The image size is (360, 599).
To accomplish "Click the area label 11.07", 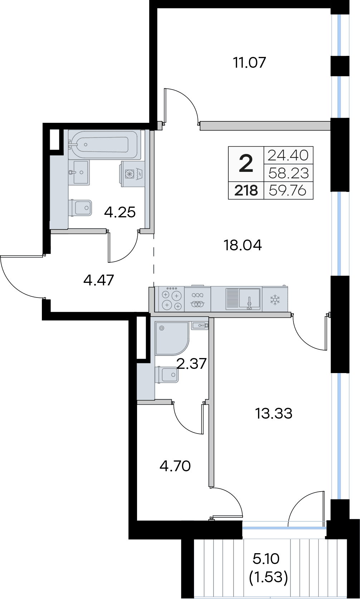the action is (x=250, y=63).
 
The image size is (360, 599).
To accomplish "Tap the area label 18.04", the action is (x=243, y=245).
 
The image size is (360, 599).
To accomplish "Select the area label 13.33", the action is (x=274, y=414).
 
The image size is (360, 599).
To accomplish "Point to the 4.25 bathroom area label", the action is (x=120, y=212).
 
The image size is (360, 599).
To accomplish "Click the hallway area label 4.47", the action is (x=99, y=280).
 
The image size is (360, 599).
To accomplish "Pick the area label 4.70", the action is (x=175, y=466).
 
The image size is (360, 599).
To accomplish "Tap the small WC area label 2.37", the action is (x=191, y=363).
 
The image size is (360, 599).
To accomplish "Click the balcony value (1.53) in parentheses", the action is (x=268, y=578).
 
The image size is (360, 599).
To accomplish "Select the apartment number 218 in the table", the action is (x=246, y=191).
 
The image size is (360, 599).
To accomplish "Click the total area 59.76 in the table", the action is (x=288, y=191).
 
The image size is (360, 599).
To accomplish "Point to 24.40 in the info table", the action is (x=288, y=155).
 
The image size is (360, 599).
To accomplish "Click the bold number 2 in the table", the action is (x=246, y=164).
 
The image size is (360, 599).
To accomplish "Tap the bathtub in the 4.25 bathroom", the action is (x=104, y=145).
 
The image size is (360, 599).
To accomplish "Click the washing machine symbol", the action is (x=132, y=174).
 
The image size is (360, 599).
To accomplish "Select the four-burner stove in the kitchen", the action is (x=170, y=299).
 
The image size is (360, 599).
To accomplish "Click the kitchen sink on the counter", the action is (x=243, y=299).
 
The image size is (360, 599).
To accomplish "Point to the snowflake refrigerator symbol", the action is (x=275, y=299).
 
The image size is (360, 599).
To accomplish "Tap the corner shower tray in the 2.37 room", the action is (x=172, y=339).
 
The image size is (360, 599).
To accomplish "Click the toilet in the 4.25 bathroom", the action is (x=80, y=208).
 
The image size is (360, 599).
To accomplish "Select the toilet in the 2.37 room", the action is (x=166, y=375).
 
